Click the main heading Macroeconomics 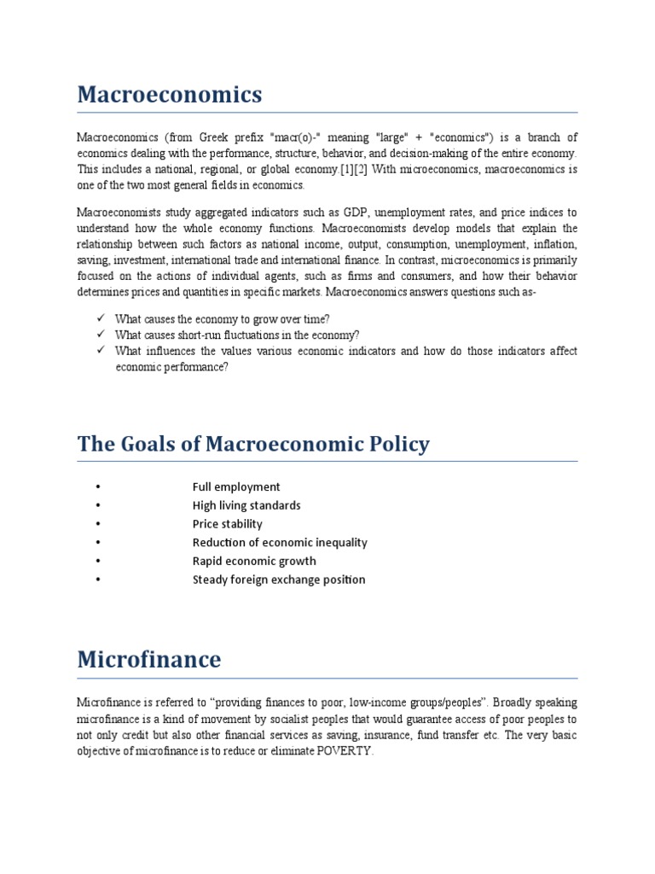click(x=170, y=95)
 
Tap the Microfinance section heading click(x=148, y=660)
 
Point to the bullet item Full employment click(x=236, y=487)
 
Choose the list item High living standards click(x=246, y=505)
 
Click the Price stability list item click(x=227, y=524)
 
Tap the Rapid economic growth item click(x=254, y=561)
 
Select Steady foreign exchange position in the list click(x=279, y=580)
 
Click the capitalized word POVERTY click(x=345, y=752)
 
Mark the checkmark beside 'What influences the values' click(x=100, y=351)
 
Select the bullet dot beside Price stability click(x=99, y=524)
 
